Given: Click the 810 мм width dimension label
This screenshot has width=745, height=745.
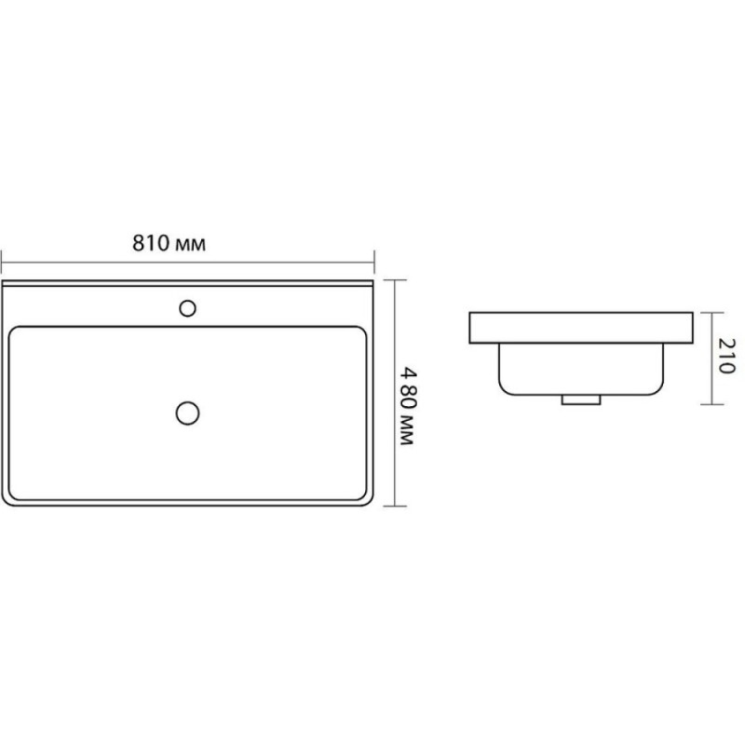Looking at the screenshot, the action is coord(169,243).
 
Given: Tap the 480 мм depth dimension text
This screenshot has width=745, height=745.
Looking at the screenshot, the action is coord(408,405).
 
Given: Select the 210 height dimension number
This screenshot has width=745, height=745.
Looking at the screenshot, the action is coord(726,356).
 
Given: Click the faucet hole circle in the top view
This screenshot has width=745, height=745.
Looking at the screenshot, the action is coord(188,308).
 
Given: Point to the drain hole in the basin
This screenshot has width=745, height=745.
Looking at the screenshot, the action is coord(188,413).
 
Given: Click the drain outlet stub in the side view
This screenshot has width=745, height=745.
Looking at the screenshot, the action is coord(581,400).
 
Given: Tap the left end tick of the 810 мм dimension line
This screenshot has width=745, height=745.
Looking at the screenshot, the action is coord(2,262).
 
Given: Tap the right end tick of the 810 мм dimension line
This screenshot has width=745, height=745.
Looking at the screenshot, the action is coord(374,262).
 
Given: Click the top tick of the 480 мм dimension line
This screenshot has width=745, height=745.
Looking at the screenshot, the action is coord(395,280).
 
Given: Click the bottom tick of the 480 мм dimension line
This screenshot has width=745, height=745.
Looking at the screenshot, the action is coord(395,506).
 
